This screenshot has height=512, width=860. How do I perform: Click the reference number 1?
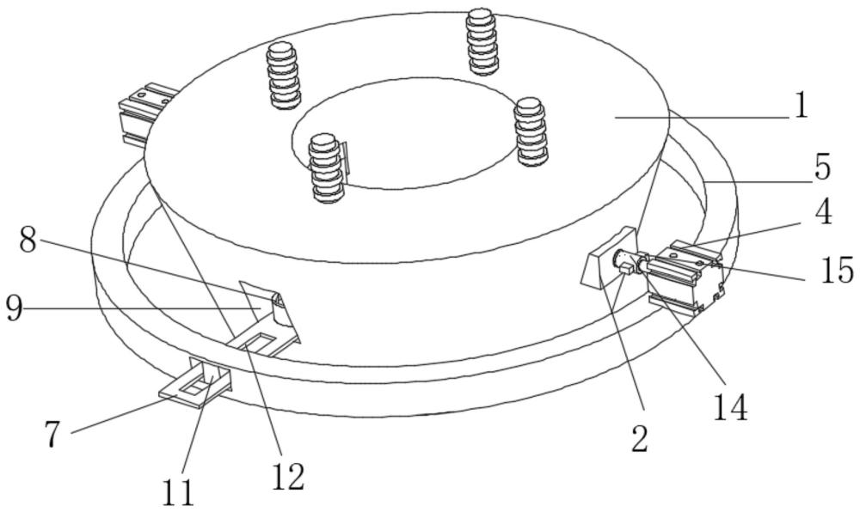pos(802,105)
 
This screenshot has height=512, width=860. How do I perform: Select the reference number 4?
pos(822,211)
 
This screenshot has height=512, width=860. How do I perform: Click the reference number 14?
pos(730,407)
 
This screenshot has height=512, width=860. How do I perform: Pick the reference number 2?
pos(640,439)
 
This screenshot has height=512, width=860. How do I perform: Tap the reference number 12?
pos(287,477)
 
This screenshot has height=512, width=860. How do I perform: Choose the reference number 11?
pos(178,493)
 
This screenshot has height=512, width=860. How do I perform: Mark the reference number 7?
pos(52,436)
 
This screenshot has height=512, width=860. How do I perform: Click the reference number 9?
pos(15,309)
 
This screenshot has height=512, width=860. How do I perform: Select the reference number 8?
pos(28,240)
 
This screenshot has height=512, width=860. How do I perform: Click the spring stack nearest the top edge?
pos(482,41)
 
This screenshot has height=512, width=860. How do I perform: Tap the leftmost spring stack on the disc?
pos(284,76)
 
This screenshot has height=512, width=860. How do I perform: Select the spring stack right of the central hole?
pos(531,131)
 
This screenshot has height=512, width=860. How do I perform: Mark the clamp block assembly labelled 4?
pos(685,274)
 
